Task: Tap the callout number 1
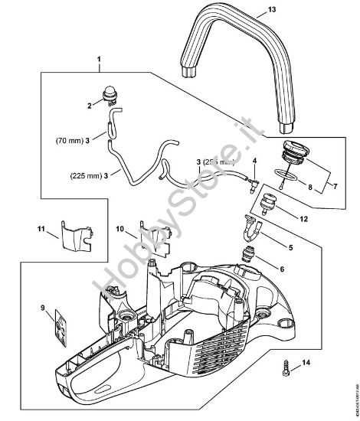click(x=98, y=58)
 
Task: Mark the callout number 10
click(x=121, y=229)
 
